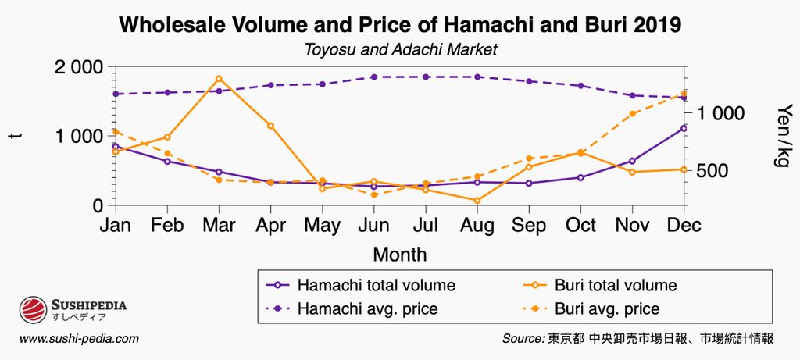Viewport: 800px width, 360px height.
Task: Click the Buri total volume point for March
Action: [219, 79]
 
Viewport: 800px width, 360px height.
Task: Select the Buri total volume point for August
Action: [477, 201]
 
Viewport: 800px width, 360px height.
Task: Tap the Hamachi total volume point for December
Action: [684, 128]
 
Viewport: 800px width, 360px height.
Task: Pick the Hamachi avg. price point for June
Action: [374, 77]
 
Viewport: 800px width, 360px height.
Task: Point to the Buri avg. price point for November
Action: [633, 114]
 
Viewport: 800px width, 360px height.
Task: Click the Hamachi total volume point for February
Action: [167, 162]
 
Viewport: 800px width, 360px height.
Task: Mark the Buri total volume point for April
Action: [271, 126]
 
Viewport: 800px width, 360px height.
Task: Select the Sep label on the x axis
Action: [529, 226]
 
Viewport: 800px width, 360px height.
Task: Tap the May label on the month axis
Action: [322, 226]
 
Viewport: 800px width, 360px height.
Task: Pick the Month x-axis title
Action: [400, 255]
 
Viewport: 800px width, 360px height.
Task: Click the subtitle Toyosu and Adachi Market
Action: [400, 49]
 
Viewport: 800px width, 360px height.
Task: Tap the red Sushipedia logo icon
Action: [34, 310]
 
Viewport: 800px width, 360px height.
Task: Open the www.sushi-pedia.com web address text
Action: [79, 339]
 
